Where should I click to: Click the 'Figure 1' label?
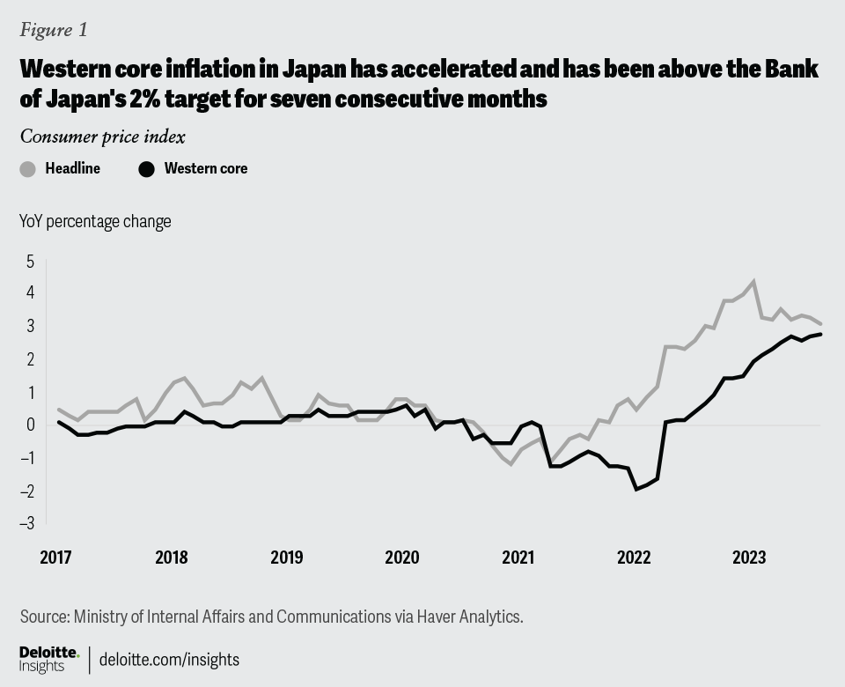tap(54, 30)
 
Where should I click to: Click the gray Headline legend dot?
tap(28, 169)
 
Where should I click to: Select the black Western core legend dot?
tap(148, 169)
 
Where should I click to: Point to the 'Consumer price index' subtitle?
tap(102, 137)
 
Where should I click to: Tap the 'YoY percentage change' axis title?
tap(95, 221)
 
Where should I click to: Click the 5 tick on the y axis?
tap(30, 262)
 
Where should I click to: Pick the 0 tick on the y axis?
tap(30, 425)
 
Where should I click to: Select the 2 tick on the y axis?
tap(30, 359)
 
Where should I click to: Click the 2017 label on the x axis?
tap(55, 558)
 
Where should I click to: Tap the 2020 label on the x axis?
tap(402, 558)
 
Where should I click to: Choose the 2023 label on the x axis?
tap(749, 558)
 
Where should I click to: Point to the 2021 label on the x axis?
tap(518, 558)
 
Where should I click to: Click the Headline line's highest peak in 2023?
tap(753, 282)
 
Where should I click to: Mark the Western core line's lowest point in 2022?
tap(636, 489)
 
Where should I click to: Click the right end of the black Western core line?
tap(820, 334)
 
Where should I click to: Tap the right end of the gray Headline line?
tap(820, 324)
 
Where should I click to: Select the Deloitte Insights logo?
tap(49, 659)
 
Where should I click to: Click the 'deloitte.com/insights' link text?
tap(169, 659)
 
